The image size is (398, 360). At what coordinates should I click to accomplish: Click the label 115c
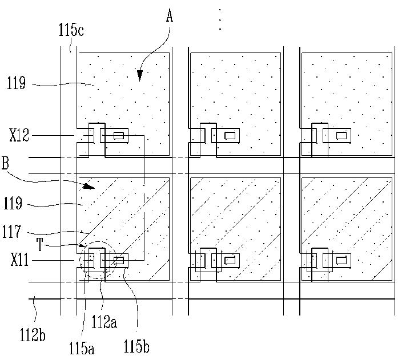pyautogui.click(x=71, y=29)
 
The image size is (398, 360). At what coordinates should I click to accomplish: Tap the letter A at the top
pyautogui.click(x=169, y=17)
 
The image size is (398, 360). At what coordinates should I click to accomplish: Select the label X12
pyautogui.click(x=19, y=136)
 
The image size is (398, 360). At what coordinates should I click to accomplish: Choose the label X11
pyautogui.click(x=19, y=261)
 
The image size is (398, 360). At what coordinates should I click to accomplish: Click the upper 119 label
pyautogui.click(x=17, y=84)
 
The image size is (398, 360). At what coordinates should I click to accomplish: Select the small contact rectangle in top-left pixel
pyautogui.click(x=119, y=135)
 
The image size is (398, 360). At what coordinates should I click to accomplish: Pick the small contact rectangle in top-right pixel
pyautogui.click(x=342, y=136)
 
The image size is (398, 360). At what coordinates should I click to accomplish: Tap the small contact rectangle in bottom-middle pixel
pyautogui.click(x=231, y=261)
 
